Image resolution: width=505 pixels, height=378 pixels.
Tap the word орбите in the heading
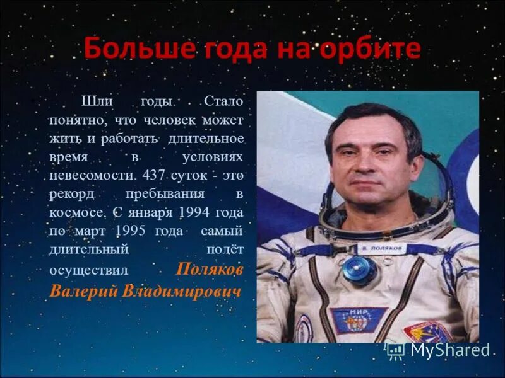pyautogui.click(x=374, y=49)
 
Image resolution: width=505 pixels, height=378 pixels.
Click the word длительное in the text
pyautogui.click(x=210, y=136)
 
